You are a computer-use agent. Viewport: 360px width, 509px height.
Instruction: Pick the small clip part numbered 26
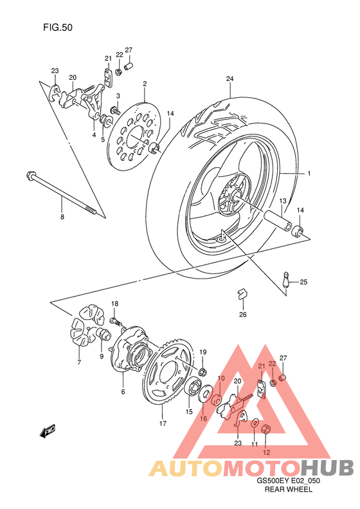pyautogui.click(x=242, y=293)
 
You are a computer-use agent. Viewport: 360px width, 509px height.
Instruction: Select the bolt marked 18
pyautogui.click(x=115, y=320)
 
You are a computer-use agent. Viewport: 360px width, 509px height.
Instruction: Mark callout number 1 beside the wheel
pyautogui.click(x=309, y=174)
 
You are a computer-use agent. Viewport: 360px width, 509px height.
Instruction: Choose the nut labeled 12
pyautogui.click(x=269, y=430)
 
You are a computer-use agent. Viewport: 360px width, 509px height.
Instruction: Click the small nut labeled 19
pyautogui.click(x=202, y=372)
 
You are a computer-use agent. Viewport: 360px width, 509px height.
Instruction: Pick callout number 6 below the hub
pyautogui.click(x=123, y=390)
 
